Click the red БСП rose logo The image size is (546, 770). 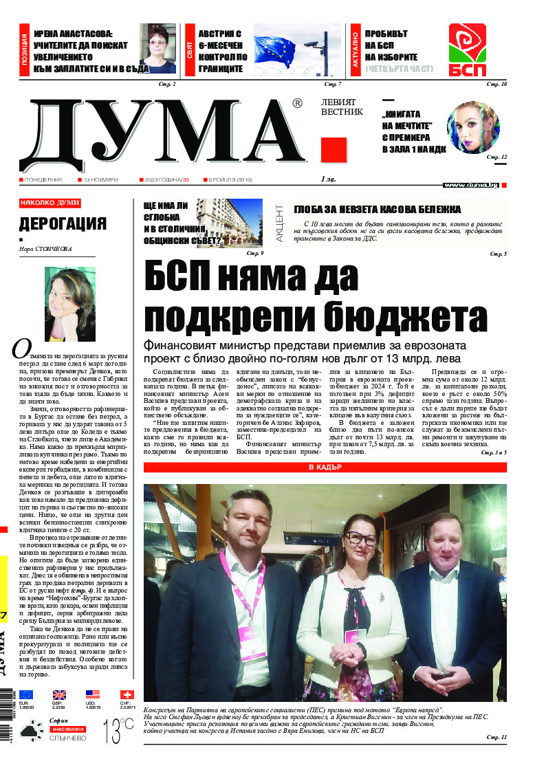click(x=468, y=49)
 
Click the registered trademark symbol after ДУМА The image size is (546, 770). click(x=297, y=104)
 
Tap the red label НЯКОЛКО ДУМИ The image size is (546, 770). click(x=50, y=203)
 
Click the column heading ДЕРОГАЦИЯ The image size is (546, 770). click(x=63, y=224)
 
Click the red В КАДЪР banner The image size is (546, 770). click(x=325, y=467)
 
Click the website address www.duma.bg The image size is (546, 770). click(x=471, y=185)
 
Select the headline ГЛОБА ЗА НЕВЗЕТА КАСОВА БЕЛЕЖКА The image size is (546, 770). click(x=377, y=210)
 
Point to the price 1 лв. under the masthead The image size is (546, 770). click(x=328, y=179)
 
